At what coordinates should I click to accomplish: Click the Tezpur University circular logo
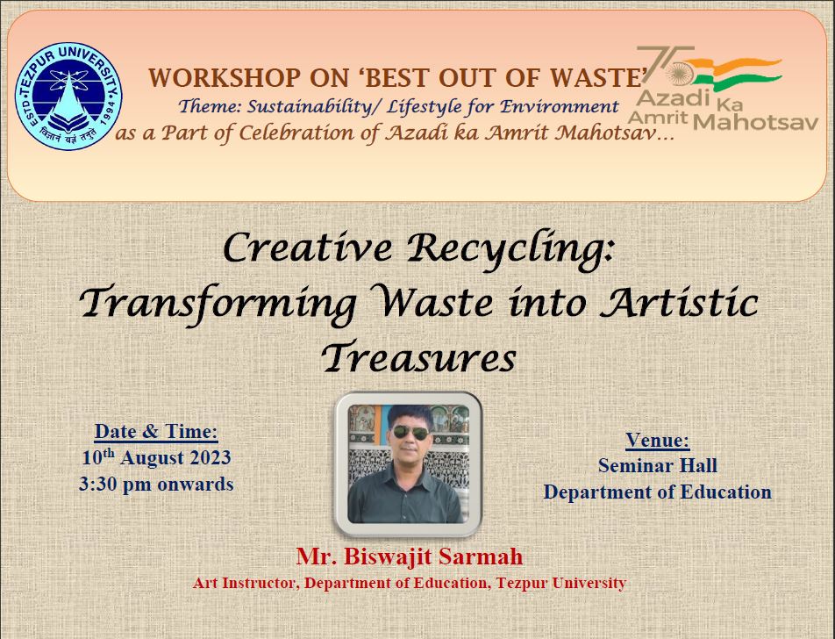click(68, 96)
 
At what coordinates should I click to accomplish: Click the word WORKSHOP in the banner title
click(225, 78)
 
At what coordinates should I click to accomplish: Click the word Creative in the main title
click(307, 248)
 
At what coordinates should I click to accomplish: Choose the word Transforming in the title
click(218, 304)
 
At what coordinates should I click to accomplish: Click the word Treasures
click(418, 357)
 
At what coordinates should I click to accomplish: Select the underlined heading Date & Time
click(156, 431)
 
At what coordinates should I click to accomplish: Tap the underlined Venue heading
click(657, 440)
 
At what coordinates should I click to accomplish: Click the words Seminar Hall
click(657, 465)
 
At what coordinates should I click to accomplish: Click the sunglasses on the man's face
click(410, 432)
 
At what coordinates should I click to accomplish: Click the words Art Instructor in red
click(245, 583)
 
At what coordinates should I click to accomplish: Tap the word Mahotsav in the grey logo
click(756, 123)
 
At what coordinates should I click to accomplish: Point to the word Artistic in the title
click(680, 302)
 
